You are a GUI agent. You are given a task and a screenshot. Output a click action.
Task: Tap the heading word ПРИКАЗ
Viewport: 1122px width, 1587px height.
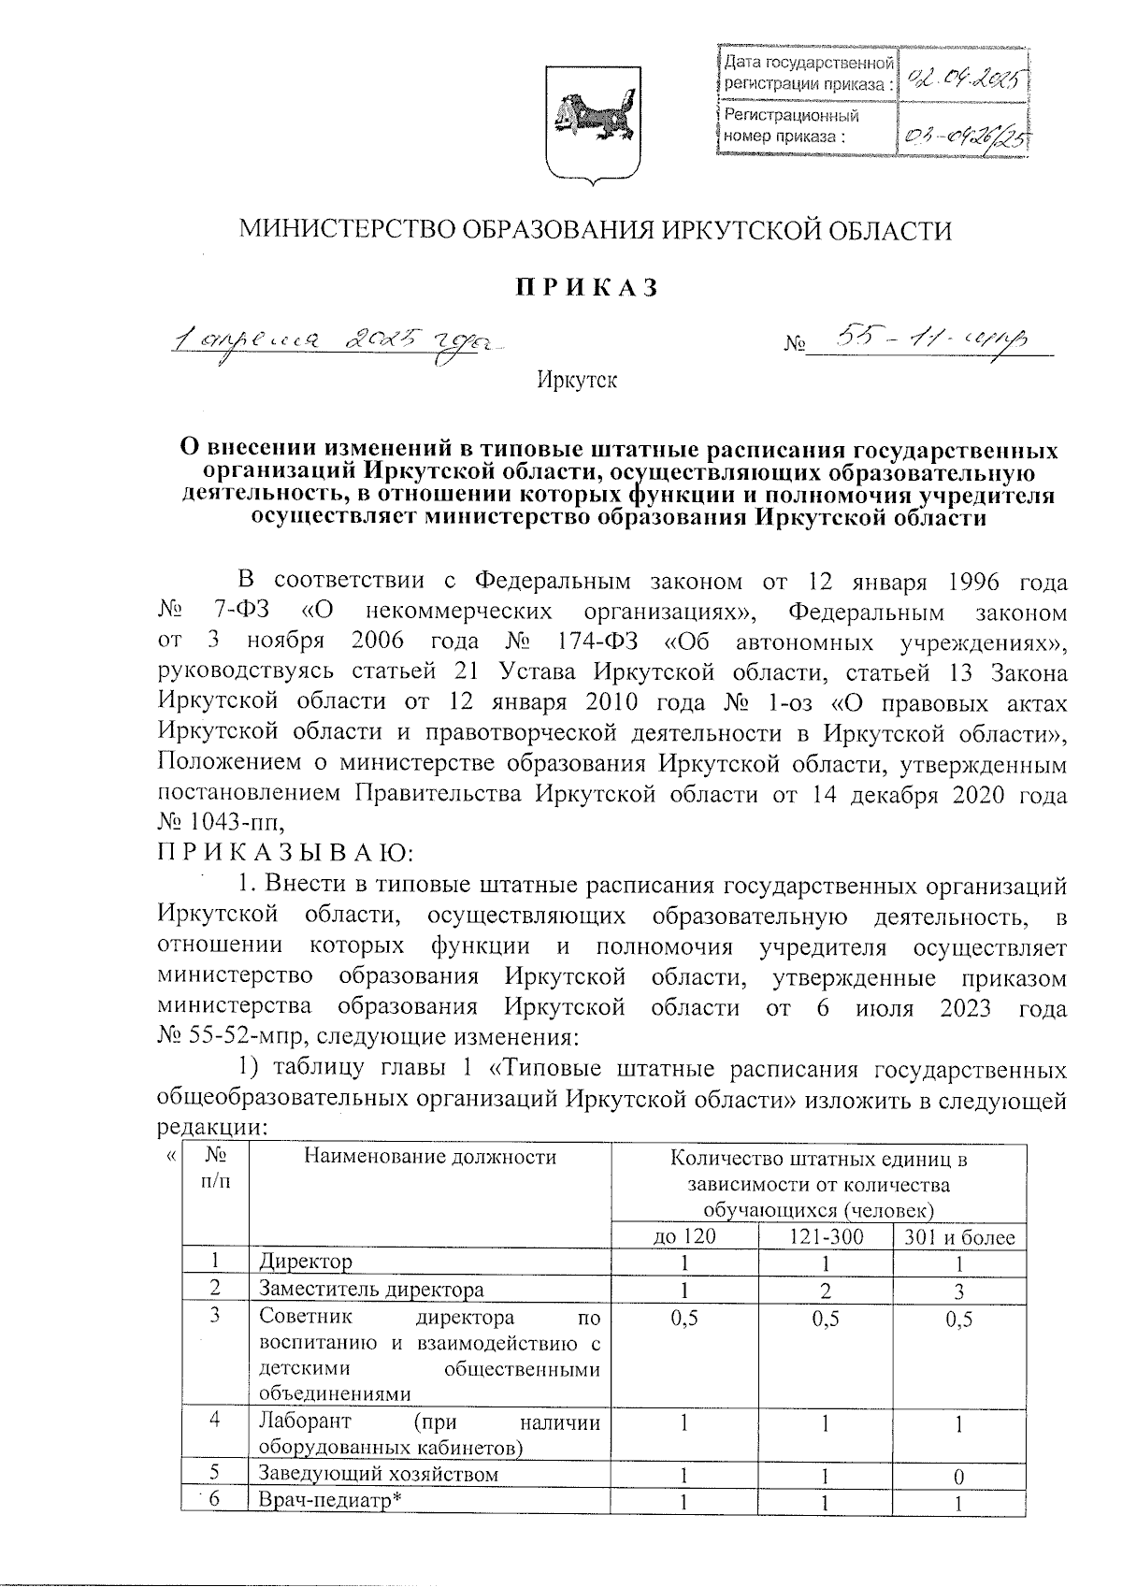click(x=583, y=288)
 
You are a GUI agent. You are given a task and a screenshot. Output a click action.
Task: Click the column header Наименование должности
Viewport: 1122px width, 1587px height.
click(x=429, y=1158)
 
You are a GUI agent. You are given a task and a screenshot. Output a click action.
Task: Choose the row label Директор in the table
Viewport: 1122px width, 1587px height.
click(x=307, y=1262)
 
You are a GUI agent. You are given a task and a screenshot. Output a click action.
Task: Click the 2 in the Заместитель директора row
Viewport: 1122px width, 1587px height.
click(x=826, y=1290)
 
